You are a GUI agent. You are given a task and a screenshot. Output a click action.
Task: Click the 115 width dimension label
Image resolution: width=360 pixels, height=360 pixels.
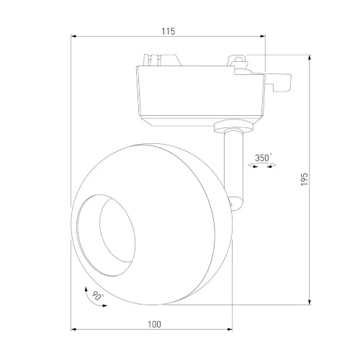(x=168, y=32)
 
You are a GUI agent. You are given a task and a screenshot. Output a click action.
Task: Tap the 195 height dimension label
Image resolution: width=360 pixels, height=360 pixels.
(x=305, y=179)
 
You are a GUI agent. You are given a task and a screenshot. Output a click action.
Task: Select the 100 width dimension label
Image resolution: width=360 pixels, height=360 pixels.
(x=154, y=325)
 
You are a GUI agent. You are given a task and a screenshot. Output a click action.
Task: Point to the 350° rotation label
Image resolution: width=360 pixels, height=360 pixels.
(x=264, y=158)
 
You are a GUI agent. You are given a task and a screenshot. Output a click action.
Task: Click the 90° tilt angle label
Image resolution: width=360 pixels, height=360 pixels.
(x=97, y=296)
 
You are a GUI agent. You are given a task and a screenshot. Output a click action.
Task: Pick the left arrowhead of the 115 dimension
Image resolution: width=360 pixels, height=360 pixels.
(x=73, y=36)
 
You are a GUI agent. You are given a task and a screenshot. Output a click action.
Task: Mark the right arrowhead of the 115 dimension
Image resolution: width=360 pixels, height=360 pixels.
(x=263, y=36)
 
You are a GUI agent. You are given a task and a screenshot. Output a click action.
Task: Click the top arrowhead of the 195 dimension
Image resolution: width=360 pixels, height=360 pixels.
(x=310, y=58)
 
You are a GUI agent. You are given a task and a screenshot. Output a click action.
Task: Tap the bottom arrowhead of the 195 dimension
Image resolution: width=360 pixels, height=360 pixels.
(x=310, y=302)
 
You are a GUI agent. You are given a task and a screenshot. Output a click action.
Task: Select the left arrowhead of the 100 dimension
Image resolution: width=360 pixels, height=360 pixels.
(x=73, y=330)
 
